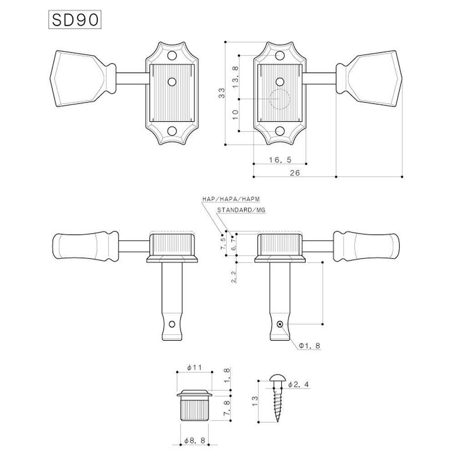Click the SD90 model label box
(74, 21)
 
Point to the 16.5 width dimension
(280, 159)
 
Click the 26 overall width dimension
(294, 172)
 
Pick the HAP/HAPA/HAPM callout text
(231, 199)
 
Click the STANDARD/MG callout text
(241, 210)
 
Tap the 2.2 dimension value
(233, 276)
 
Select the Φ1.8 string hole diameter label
(309, 346)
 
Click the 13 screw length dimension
(254, 400)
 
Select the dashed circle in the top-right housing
(278, 99)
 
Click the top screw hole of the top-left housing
(172, 56)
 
